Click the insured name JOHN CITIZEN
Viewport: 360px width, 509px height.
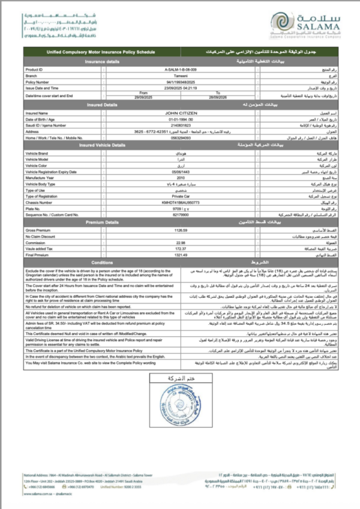pos(179,113)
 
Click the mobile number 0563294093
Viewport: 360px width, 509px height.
pos(179,138)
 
